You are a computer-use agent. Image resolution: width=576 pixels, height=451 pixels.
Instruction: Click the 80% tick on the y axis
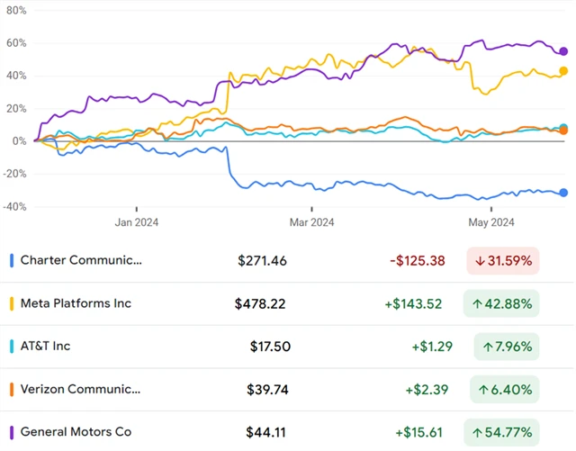pyautogui.click(x=14, y=10)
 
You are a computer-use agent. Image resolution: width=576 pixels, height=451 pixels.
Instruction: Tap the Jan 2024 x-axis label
pyautogui.click(x=137, y=222)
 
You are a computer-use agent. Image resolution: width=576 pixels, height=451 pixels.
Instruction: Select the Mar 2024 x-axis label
pyautogui.click(x=311, y=222)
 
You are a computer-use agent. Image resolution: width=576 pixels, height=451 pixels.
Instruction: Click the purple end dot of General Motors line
pyautogui.click(x=563, y=51)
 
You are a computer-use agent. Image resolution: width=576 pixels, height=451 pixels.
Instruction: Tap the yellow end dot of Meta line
pyautogui.click(x=563, y=71)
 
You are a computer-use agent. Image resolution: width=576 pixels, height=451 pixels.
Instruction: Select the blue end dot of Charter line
pyautogui.click(x=563, y=193)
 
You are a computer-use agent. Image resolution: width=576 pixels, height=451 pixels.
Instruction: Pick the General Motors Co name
pyautogui.click(x=76, y=432)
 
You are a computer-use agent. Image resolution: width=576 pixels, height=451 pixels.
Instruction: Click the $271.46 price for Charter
pyautogui.click(x=263, y=261)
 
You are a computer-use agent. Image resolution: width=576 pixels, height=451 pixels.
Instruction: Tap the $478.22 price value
pyautogui.click(x=261, y=304)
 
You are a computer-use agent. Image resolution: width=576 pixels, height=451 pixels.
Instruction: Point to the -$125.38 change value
pyautogui.click(x=418, y=261)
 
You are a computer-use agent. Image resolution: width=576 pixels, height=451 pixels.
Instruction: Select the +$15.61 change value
pyautogui.click(x=418, y=433)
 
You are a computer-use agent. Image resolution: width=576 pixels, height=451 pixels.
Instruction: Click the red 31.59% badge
pyautogui.click(x=503, y=261)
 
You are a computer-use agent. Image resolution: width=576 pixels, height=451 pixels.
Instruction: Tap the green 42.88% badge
pyautogui.click(x=503, y=304)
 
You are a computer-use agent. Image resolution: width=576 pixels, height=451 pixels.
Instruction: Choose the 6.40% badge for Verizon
pyautogui.click(x=503, y=390)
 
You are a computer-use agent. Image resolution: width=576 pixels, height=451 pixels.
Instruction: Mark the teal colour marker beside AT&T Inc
pyautogui.click(x=11, y=347)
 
